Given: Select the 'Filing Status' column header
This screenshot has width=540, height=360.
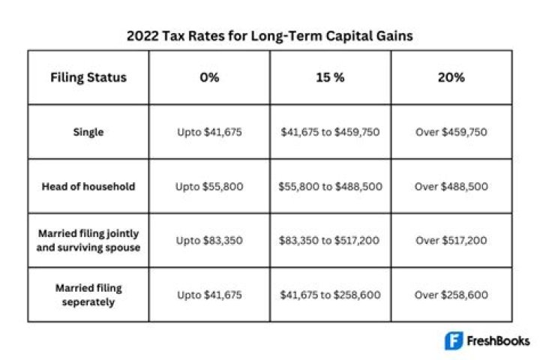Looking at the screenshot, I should point(88,77).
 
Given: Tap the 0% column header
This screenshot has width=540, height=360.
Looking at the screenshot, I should point(209,77).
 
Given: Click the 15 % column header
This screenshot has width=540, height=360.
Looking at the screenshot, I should point(330,77).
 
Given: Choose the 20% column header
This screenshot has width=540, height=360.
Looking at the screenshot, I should point(451,77).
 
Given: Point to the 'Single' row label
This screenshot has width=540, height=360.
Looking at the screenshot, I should point(88,131).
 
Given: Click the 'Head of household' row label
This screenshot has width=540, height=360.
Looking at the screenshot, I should point(88,186).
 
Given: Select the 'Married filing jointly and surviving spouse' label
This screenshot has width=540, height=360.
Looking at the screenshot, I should point(88,241).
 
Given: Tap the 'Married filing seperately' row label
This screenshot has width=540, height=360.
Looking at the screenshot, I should point(88,295).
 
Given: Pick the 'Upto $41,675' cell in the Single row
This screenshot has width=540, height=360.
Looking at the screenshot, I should point(209,132).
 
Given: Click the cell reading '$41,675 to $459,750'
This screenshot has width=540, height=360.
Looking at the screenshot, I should point(330,132).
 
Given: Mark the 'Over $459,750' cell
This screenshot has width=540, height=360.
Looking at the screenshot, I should point(451,132).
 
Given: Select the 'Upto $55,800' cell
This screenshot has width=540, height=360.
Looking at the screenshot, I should point(209,186).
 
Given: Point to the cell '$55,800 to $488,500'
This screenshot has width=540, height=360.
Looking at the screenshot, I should point(330,186).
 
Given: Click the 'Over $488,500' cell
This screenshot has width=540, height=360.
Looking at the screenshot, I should point(451,186).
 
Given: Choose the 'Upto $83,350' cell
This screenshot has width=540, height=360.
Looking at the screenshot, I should point(209,241).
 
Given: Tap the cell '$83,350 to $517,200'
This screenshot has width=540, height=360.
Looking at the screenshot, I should point(330,241).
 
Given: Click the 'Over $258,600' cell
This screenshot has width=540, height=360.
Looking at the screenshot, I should point(451,295).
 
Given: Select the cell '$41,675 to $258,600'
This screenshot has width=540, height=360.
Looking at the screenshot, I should point(330,295).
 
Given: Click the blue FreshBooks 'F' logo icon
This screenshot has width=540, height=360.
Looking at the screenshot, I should point(454,340).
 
